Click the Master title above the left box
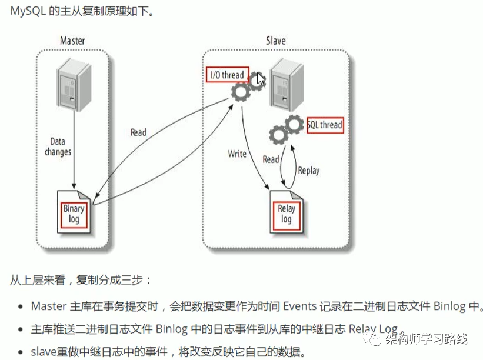[x=72, y=41]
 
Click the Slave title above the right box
[x=275, y=41]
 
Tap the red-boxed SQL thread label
[x=324, y=125]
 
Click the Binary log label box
[x=74, y=214]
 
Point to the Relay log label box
[x=287, y=214]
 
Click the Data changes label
[x=58, y=146]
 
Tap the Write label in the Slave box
[x=237, y=154]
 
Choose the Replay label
[x=308, y=171]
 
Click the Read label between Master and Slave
[x=138, y=132]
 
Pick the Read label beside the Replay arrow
[x=271, y=159]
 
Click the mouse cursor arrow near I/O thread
[x=261, y=79]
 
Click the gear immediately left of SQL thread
[x=294, y=125]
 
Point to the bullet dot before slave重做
[x=21, y=352]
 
